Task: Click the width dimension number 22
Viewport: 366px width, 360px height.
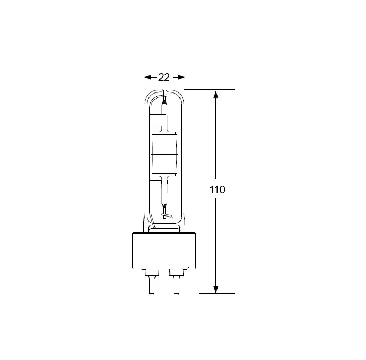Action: click(164, 78)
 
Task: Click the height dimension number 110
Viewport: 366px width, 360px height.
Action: click(217, 189)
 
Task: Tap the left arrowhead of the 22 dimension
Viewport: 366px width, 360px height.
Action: click(147, 78)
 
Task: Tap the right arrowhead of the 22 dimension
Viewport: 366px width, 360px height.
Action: click(181, 78)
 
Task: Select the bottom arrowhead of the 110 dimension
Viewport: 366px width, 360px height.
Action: click(216, 290)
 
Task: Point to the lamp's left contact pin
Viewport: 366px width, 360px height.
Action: click(152, 287)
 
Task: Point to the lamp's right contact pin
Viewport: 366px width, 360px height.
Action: click(177, 287)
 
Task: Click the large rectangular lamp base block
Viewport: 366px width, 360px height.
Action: click(164, 250)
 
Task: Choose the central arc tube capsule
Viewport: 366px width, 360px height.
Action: click(164, 154)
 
